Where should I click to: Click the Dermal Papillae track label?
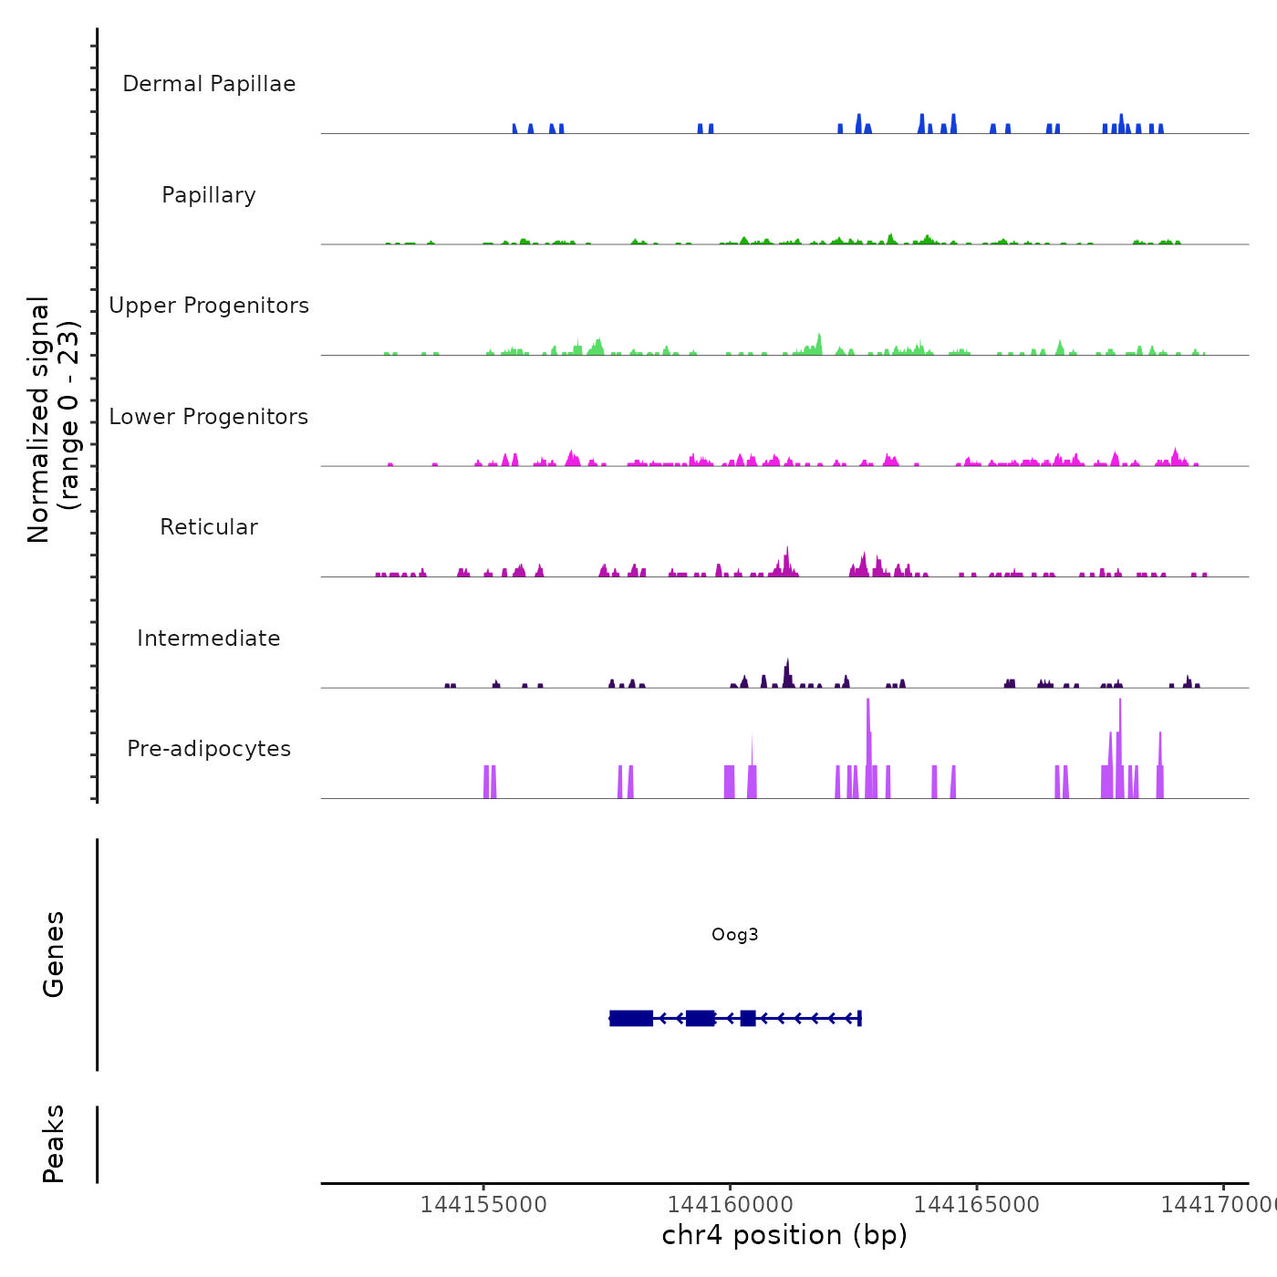pyautogui.click(x=209, y=84)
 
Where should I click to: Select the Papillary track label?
pyautogui.click(x=209, y=195)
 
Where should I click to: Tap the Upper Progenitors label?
pyautogui.click(x=209, y=306)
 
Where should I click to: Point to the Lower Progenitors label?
pyautogui.click(x=209, y=417)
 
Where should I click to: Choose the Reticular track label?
pyautogui.click(x=209, y=527)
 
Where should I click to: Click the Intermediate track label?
pyautogui.click(x=209, y=638)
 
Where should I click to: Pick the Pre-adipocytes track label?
pyautogui.click(x=209, y=749)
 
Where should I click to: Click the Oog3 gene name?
pyautogui.click(x=734, y=934)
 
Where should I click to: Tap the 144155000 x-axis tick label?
pyautogui.click(x=483, y=1204)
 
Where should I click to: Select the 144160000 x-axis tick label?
pyautogui.click(x=730, y=1204)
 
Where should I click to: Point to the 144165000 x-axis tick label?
pyautogui.click(x=977, y=1204)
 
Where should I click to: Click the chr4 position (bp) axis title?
pyautogui.click(x=784, y=1235)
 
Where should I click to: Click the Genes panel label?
pyautogui.click(x=54, y=954)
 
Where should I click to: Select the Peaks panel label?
pyautogui.click(x=54, y=1144)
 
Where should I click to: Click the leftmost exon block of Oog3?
pyautogui.click(x=631, y=1018)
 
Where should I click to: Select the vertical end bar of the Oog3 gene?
pyautogui.click(x=859, y=1018)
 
